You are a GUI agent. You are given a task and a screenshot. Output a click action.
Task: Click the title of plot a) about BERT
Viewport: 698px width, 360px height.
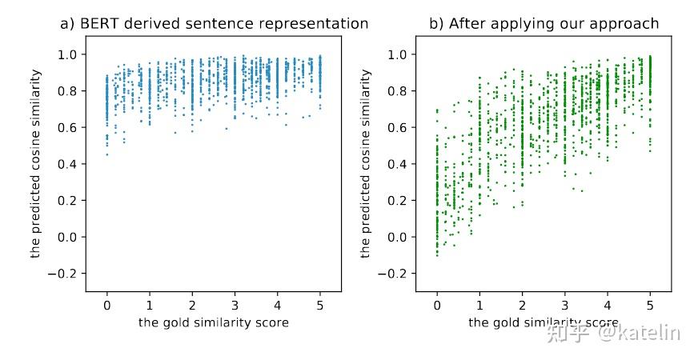click(214, 24)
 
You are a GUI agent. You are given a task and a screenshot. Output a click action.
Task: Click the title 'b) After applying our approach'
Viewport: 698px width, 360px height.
click(544, 24)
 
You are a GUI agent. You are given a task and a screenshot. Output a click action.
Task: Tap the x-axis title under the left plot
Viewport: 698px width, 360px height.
click(214, 322)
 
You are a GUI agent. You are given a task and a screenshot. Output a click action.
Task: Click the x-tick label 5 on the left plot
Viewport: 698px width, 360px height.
click(320, 305)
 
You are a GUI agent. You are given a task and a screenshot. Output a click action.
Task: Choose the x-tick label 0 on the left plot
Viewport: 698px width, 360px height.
click(107, 305)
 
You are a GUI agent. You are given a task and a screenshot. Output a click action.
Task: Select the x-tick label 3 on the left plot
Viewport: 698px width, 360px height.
click(235, 305)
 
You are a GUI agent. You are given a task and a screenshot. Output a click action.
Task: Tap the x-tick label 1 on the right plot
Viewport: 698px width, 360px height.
click(479, 305)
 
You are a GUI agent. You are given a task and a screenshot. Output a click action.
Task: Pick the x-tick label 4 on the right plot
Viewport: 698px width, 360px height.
click(608, 305)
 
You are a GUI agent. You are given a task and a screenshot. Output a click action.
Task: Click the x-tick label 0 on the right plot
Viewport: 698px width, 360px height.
click(437, 305)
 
